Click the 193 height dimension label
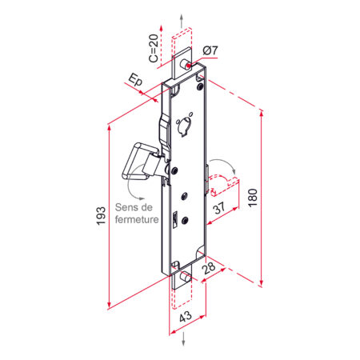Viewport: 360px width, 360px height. (x=101, y=215)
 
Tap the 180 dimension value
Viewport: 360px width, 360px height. (x=253, y=198)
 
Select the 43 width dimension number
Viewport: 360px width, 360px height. (x=186, y=317)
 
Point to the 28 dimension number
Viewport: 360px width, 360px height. (x=210, y=268)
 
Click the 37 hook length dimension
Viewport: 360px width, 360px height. (x=219, y=208)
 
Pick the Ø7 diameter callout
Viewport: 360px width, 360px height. (x=210, y=50)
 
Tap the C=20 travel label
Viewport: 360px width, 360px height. (x=154, y=48)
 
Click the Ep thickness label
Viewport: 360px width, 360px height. (x=135, y=80)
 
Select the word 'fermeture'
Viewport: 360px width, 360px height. (x=137, y=219)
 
